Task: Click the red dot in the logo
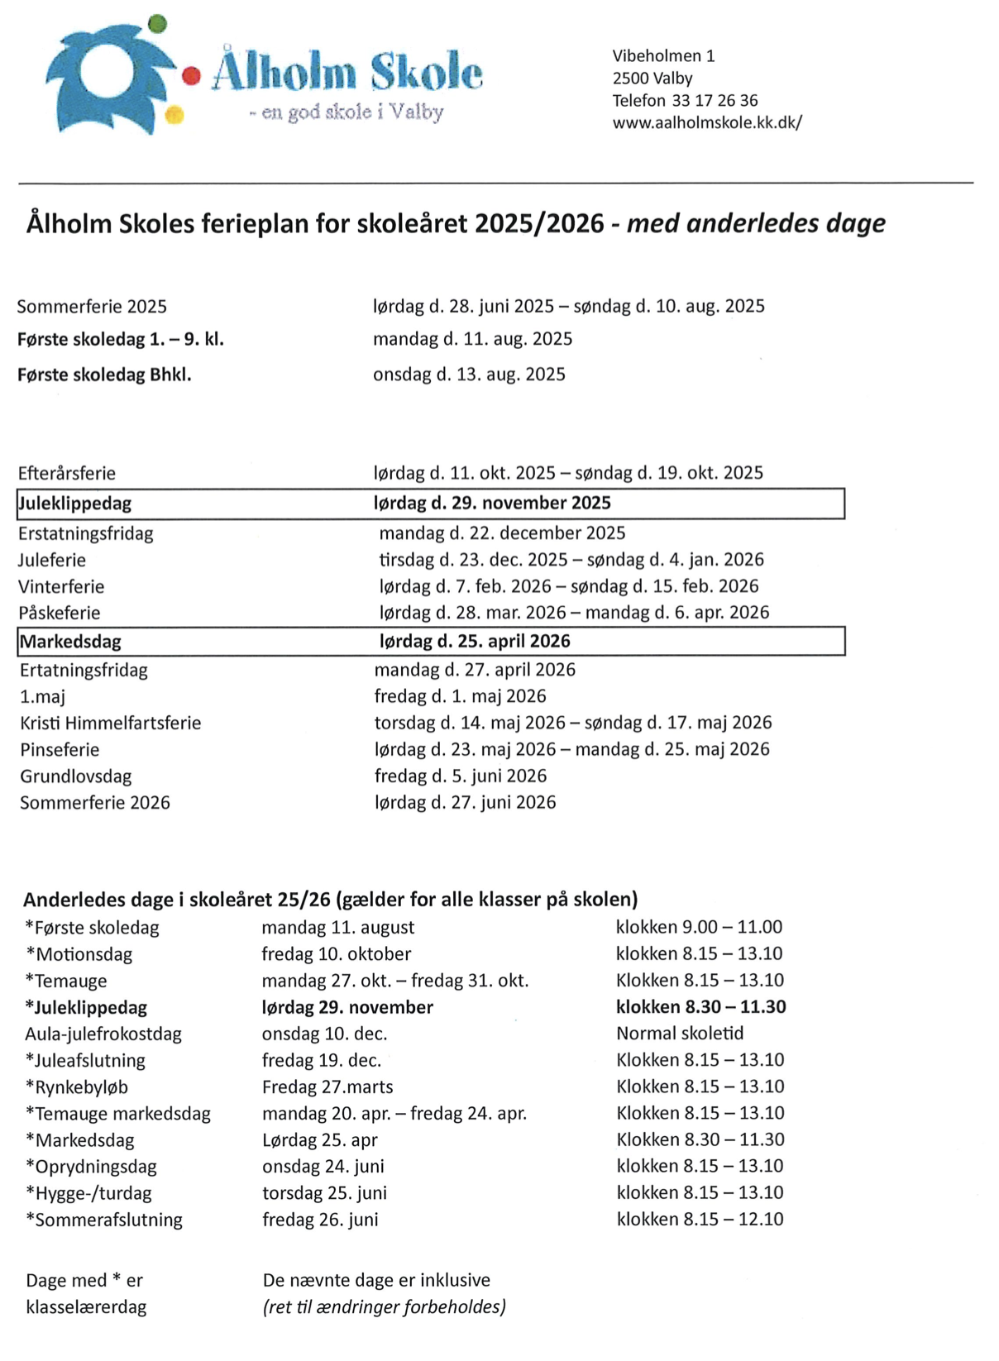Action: tap(191, 76)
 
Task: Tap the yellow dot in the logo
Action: tap(174, 116)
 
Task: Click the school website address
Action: tap(707, 122)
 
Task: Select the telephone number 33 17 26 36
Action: tap(715, 100)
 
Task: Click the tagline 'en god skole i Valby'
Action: tap(347, 112)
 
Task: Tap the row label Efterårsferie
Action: tap(67, 474)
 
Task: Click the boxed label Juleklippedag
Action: tap(75, 504)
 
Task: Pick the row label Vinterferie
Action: tap(61, 587)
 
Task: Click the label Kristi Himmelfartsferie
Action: tap(111, 723)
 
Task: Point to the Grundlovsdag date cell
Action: tap(461, 776)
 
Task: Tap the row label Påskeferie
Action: tap(60, 614)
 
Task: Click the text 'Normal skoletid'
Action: tap(680, 1034)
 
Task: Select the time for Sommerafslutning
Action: tap(700, 1220)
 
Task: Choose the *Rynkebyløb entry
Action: tap(77, 1087)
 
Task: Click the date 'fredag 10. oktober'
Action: tap(337, 954)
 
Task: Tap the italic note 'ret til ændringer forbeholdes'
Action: tap(385, 1307)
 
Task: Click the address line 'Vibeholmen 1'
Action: tap(663, 56)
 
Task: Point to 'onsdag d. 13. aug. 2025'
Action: tap(469, 375)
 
